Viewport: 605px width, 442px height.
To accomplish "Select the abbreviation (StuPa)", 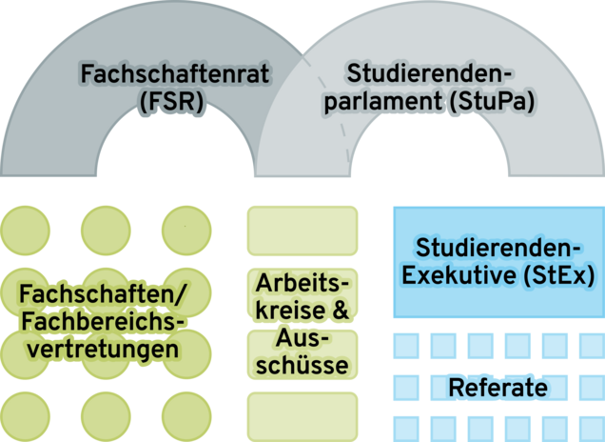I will [x=483, y=100].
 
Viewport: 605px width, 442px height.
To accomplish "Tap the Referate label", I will [x=498, y=388].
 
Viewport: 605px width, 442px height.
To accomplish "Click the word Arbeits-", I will [x=302, y=283].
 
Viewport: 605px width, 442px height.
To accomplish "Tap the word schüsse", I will [x=302, y=365].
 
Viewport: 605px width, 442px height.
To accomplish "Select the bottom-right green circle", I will [x=186, y=413].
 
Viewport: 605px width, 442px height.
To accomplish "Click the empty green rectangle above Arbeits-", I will [x=302, y=227].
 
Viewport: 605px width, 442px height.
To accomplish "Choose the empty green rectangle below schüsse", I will [x=302, y=412].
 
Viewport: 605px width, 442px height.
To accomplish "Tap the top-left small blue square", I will [x=406, y=345].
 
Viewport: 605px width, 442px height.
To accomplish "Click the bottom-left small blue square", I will [x=406, y=427].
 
